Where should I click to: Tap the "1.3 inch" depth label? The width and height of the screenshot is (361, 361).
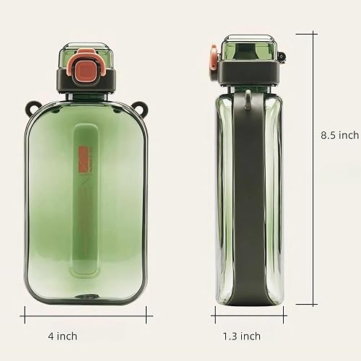241,336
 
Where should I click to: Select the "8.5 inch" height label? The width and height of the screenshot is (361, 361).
339,135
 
